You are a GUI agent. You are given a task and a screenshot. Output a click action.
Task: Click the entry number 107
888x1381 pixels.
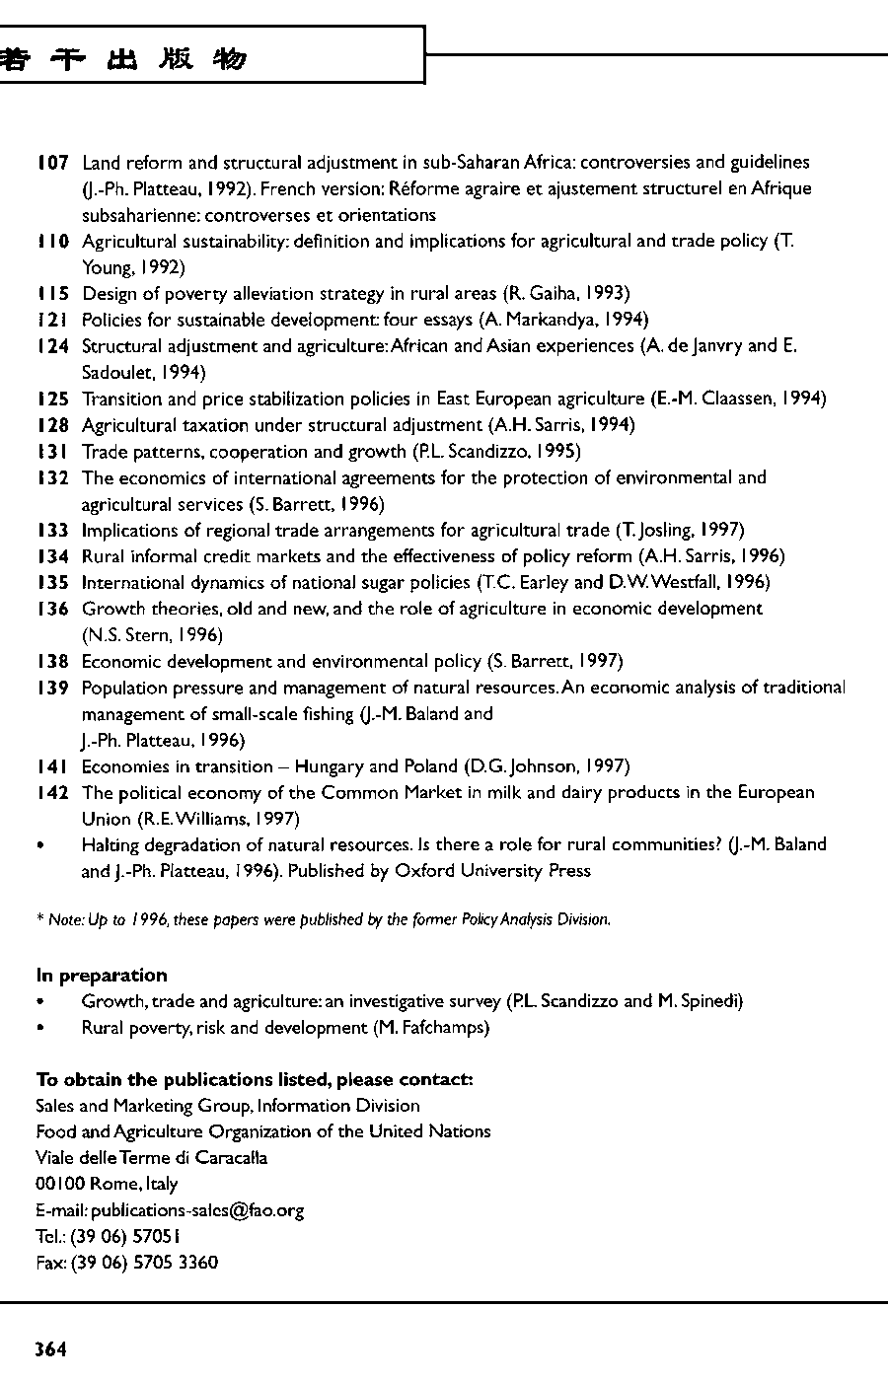pos(52,162)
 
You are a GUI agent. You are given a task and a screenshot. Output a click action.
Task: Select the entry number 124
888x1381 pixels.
pos(52,346)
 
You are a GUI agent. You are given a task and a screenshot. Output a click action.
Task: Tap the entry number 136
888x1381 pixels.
pos(52,609)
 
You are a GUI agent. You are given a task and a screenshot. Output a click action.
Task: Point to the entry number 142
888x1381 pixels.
pos(52,793)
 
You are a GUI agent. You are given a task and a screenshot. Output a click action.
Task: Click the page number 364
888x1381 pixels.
pos(50,1350)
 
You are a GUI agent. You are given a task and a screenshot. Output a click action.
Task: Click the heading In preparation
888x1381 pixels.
pos(102,976)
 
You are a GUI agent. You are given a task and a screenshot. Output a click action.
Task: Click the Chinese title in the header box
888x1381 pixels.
pos(123,59)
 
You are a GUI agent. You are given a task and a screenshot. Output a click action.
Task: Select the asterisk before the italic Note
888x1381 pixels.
pos(39,919)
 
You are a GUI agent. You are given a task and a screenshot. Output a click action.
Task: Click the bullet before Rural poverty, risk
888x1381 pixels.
pos(39,1028)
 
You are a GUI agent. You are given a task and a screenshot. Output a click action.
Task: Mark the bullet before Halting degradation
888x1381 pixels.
pos(39,845)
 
